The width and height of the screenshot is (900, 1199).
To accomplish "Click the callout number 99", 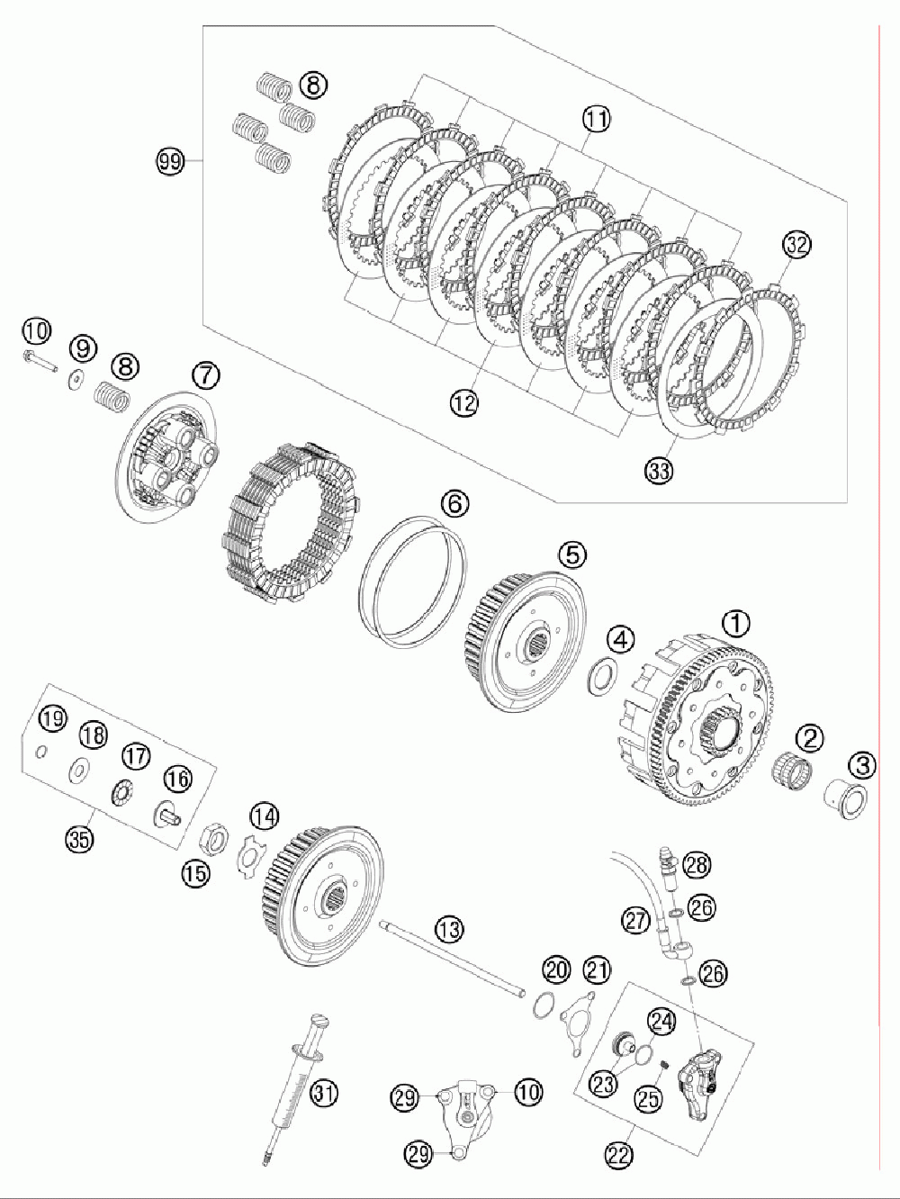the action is pyautogui.click(x=168, y=162).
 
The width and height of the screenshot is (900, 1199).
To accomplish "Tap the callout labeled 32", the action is pyautogui.click(x=796, y=243).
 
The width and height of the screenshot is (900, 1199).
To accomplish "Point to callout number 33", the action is pyautogui.click(x=658, y=468).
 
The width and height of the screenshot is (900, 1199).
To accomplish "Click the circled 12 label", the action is pyautogui.click(x=465, y=404).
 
